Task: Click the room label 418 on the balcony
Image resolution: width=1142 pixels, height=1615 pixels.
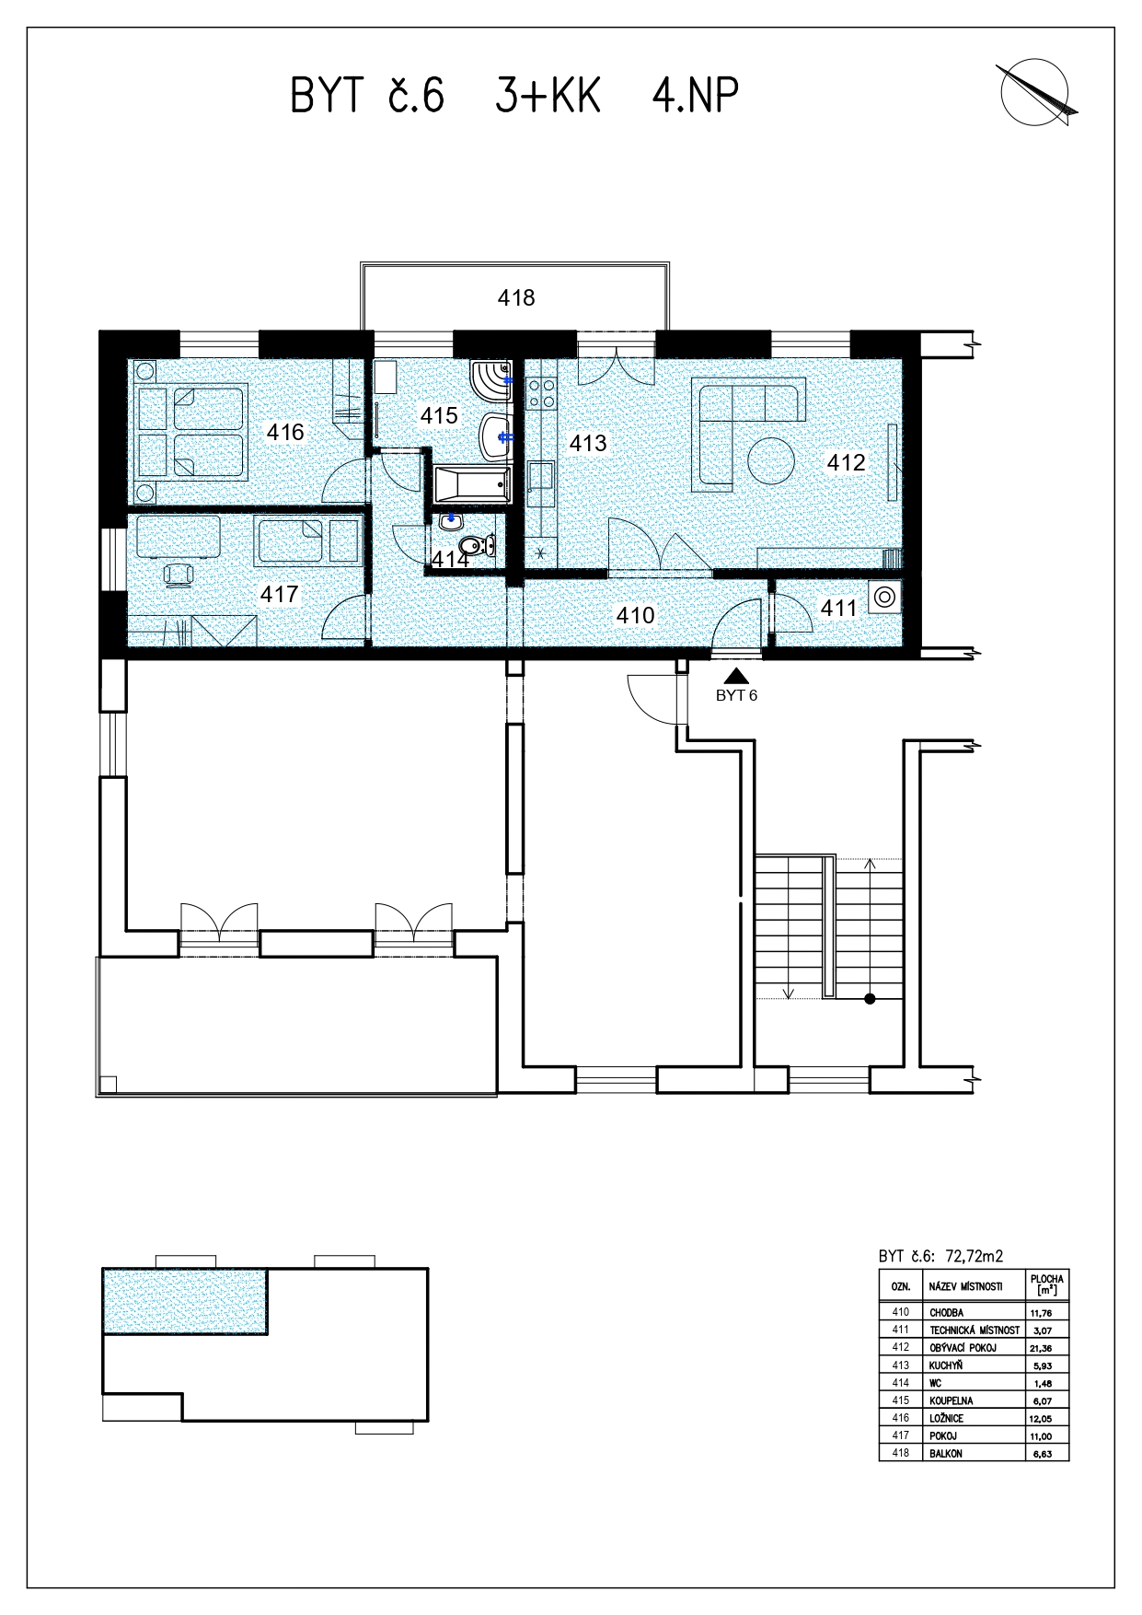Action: [x=516, y=297]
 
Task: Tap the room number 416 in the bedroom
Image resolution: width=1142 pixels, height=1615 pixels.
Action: [x=285, y=431]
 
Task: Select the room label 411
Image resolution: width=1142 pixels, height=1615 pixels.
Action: [x=838, y=608]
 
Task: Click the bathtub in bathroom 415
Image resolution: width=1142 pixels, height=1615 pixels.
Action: [x=472, y=483]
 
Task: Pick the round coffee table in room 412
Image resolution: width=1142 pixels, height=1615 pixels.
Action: [x=771, y=460]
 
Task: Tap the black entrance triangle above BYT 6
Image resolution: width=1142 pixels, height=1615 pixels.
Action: [x=736, y=677]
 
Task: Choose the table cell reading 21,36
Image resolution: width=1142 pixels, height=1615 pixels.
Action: [x=1041, y=1347]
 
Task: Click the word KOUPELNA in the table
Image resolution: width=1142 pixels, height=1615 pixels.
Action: [x=952, y=1400]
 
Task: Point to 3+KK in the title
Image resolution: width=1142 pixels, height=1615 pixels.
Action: [x=548, y=95]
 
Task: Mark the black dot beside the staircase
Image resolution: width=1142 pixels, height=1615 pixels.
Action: [x=869, y=1000]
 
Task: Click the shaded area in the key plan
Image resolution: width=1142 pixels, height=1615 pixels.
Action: [x=185, y=1301]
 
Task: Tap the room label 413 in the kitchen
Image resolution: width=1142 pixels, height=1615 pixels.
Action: [x=588, y=443]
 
